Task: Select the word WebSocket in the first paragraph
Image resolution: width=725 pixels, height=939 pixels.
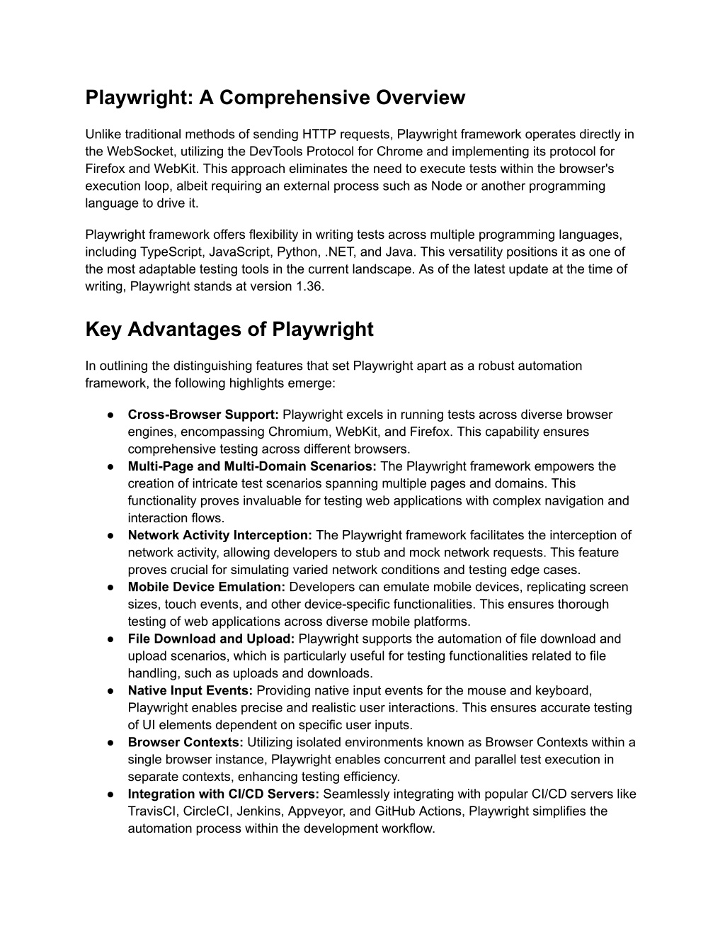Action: [x=137, y=151]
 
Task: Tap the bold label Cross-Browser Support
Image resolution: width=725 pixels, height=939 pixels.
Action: [x=203, y=415]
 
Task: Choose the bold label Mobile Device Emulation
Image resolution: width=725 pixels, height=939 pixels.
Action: [x=206, y=587]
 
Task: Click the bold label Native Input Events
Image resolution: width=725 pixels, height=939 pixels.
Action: [x=190, y=690]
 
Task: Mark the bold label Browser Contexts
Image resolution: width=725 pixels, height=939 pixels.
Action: [x=185, y=742]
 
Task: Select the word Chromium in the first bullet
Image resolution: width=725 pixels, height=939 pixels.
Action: [x=294, y=432]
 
